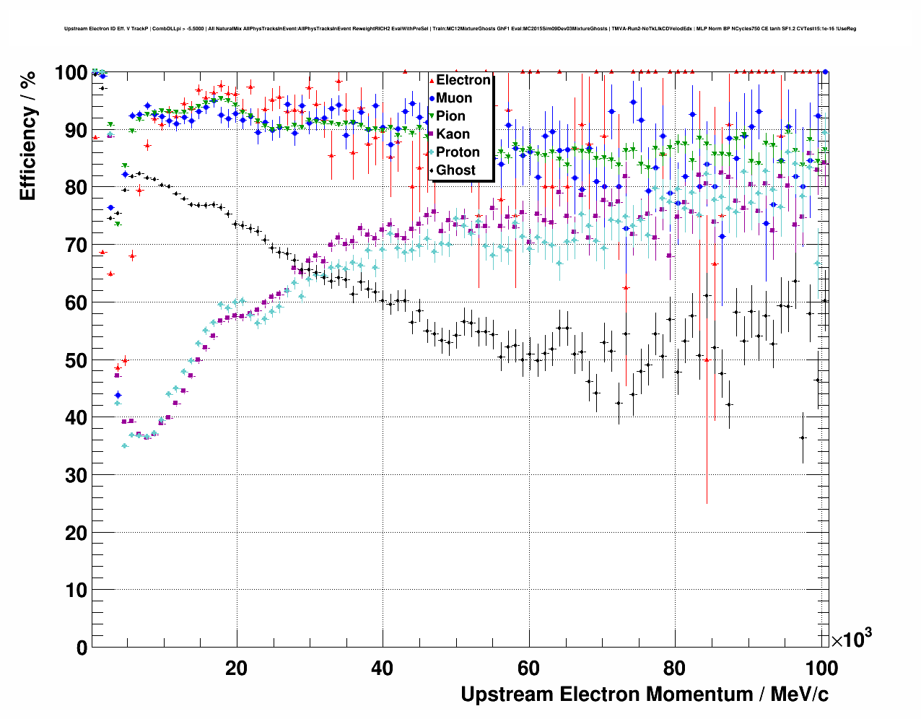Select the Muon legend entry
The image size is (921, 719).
[454, 98]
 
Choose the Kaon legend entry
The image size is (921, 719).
[453, 134]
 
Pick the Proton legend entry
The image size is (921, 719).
[458, 152]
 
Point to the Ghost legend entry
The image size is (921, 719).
[455, 170]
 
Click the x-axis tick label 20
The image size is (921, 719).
[236, 668]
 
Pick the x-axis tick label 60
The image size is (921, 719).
[528, 668]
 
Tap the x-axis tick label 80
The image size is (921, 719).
[675, 668]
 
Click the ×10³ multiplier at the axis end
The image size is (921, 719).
[851, 639]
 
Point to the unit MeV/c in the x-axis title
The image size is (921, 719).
[799, 694]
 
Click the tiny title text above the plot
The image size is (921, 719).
[460, 29]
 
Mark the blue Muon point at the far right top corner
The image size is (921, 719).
[826, 71]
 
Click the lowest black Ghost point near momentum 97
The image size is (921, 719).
[802, 437]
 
